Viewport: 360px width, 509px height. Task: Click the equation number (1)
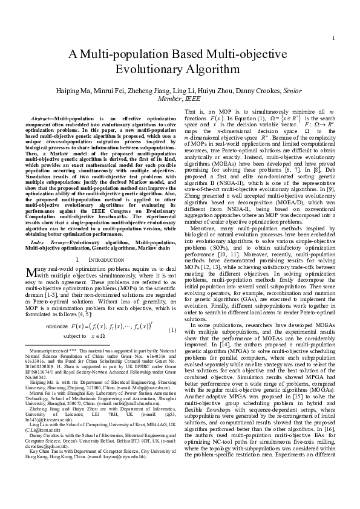point(172,330)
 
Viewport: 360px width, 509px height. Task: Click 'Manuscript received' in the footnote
point(47,351)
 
